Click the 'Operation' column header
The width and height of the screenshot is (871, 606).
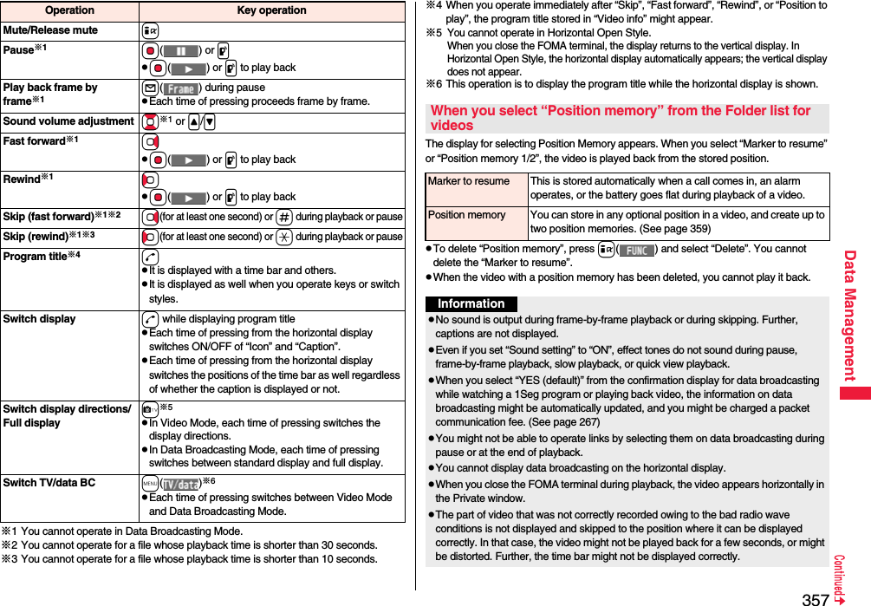68,10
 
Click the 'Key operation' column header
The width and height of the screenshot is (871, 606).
271,10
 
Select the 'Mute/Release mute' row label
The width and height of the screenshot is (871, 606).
50,30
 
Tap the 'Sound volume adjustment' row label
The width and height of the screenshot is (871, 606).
68,121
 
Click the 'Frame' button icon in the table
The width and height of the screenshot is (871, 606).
180,88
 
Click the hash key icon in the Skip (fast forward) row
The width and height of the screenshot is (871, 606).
285,217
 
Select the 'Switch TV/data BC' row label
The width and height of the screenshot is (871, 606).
49,482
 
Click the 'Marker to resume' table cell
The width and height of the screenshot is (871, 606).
469,181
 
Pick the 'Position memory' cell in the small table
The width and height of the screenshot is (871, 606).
467,215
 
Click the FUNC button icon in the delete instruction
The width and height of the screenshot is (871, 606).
637,250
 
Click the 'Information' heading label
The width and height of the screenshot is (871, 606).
471,303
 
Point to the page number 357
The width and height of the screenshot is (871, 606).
815,598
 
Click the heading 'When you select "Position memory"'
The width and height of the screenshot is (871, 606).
621,118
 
